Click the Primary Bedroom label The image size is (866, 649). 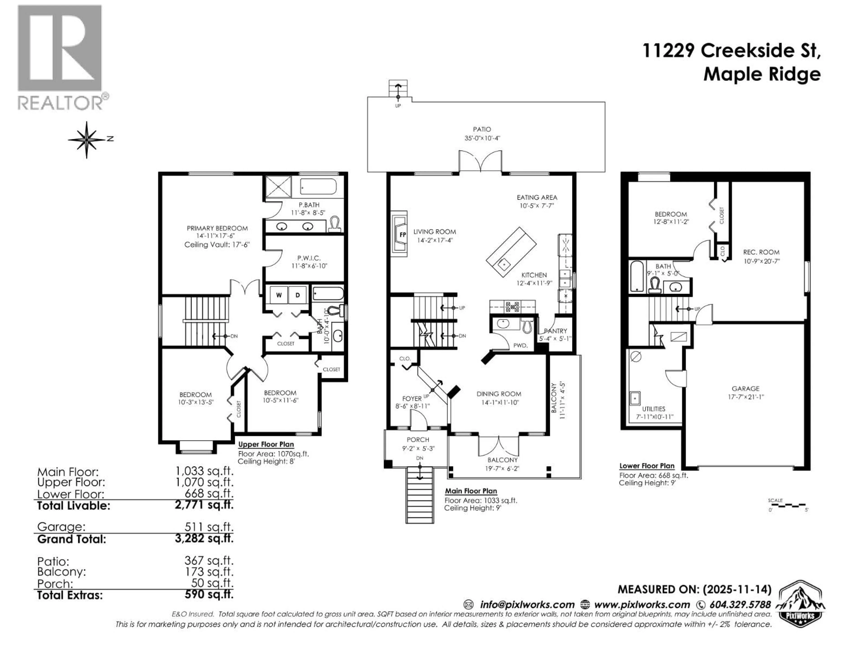tap(217, 228)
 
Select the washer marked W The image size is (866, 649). tap(279, 295)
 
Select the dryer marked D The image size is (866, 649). tap(297, 295)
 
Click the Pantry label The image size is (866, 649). tap(555, 331)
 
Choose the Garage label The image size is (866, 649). tap(745, 388)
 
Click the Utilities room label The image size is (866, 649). tap(653, 409)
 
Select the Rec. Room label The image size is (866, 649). tap(761, 252)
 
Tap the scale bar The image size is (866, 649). tap(787, 505)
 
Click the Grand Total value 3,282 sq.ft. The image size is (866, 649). tap(204, 538)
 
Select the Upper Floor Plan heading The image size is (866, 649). tap(266, 444)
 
